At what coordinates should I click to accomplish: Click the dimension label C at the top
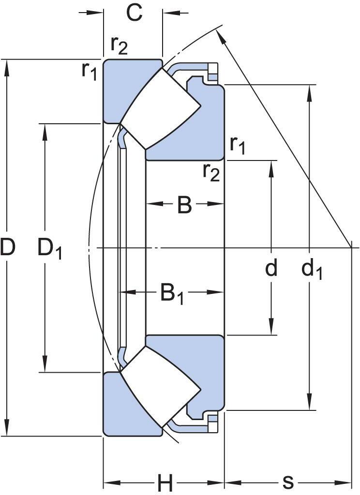[134, 13]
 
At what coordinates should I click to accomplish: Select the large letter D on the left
[8, 247]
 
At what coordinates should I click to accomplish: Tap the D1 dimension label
[49, 249]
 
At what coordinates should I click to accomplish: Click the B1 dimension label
[172, 294]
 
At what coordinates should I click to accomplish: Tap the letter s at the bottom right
[288, 481]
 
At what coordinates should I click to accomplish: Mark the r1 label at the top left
[90, 71]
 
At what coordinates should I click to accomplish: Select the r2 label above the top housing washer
[119, 45]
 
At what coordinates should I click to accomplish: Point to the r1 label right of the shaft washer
[237, 145]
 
